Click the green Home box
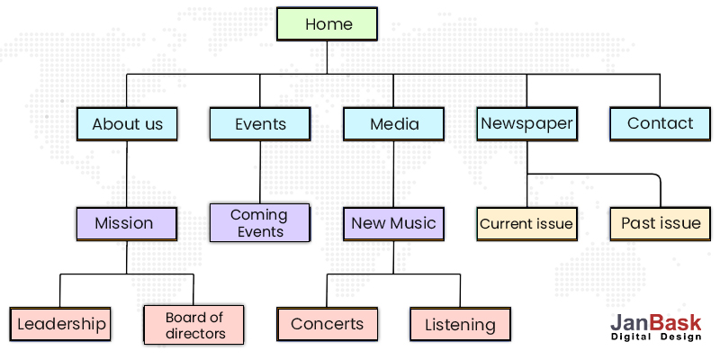328,24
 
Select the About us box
127,124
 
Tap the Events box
260,124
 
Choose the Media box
393,124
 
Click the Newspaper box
526,123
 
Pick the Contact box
660,124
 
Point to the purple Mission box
126,223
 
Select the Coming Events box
259,222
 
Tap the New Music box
393,223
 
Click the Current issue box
526,224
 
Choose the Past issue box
660,223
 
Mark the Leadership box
61,324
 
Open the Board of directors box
194,325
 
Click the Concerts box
327,324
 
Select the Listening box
460,325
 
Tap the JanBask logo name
655,322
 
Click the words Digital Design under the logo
655,337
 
